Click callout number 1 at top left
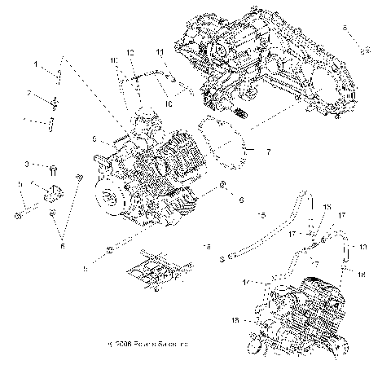point(36,64)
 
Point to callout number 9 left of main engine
point(94,138)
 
